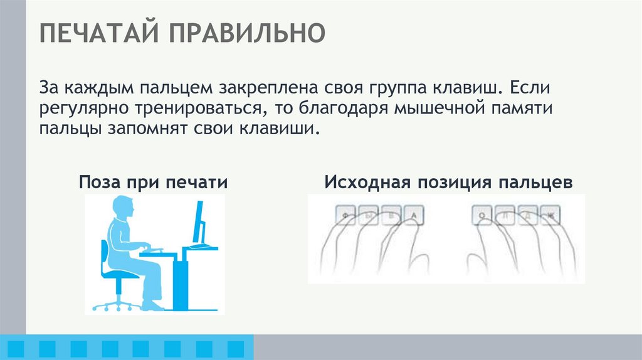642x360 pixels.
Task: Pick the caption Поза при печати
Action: point(153,183)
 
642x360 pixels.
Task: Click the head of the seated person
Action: point(123,208)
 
